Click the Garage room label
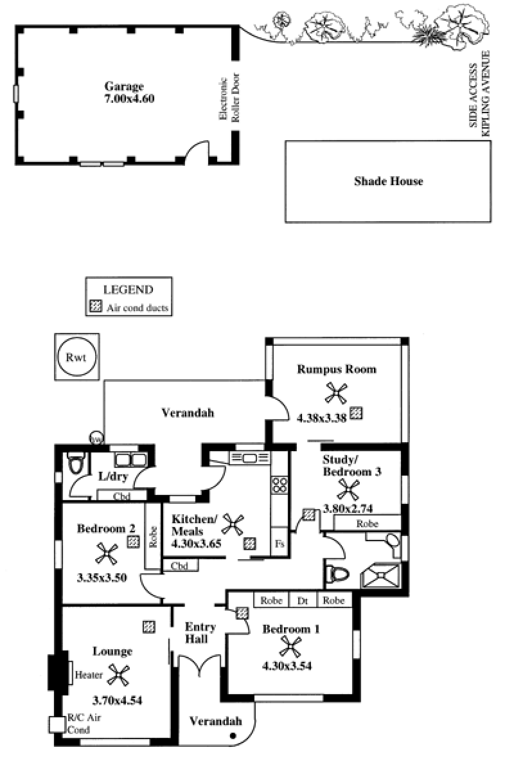click(x=125, y=87)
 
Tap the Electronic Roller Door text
click(x=228, y=100)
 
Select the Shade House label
click(x=389, y=181)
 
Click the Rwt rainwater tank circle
click(x=76, y=357)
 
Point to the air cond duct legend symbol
click(x=96, y=307)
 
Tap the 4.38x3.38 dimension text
click(x=322, y=416)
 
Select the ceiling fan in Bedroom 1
click(x=290, y=648)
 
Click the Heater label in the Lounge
click(x=88, y=675)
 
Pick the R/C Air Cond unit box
click(x=57, y=724)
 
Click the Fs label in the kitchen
click(x=279, y=544)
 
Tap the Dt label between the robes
click(x=302, y=601)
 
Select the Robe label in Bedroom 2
click(x=153, y=537)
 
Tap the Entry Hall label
click(x=200, y=633)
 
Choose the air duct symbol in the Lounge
click(x=149, y=625)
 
